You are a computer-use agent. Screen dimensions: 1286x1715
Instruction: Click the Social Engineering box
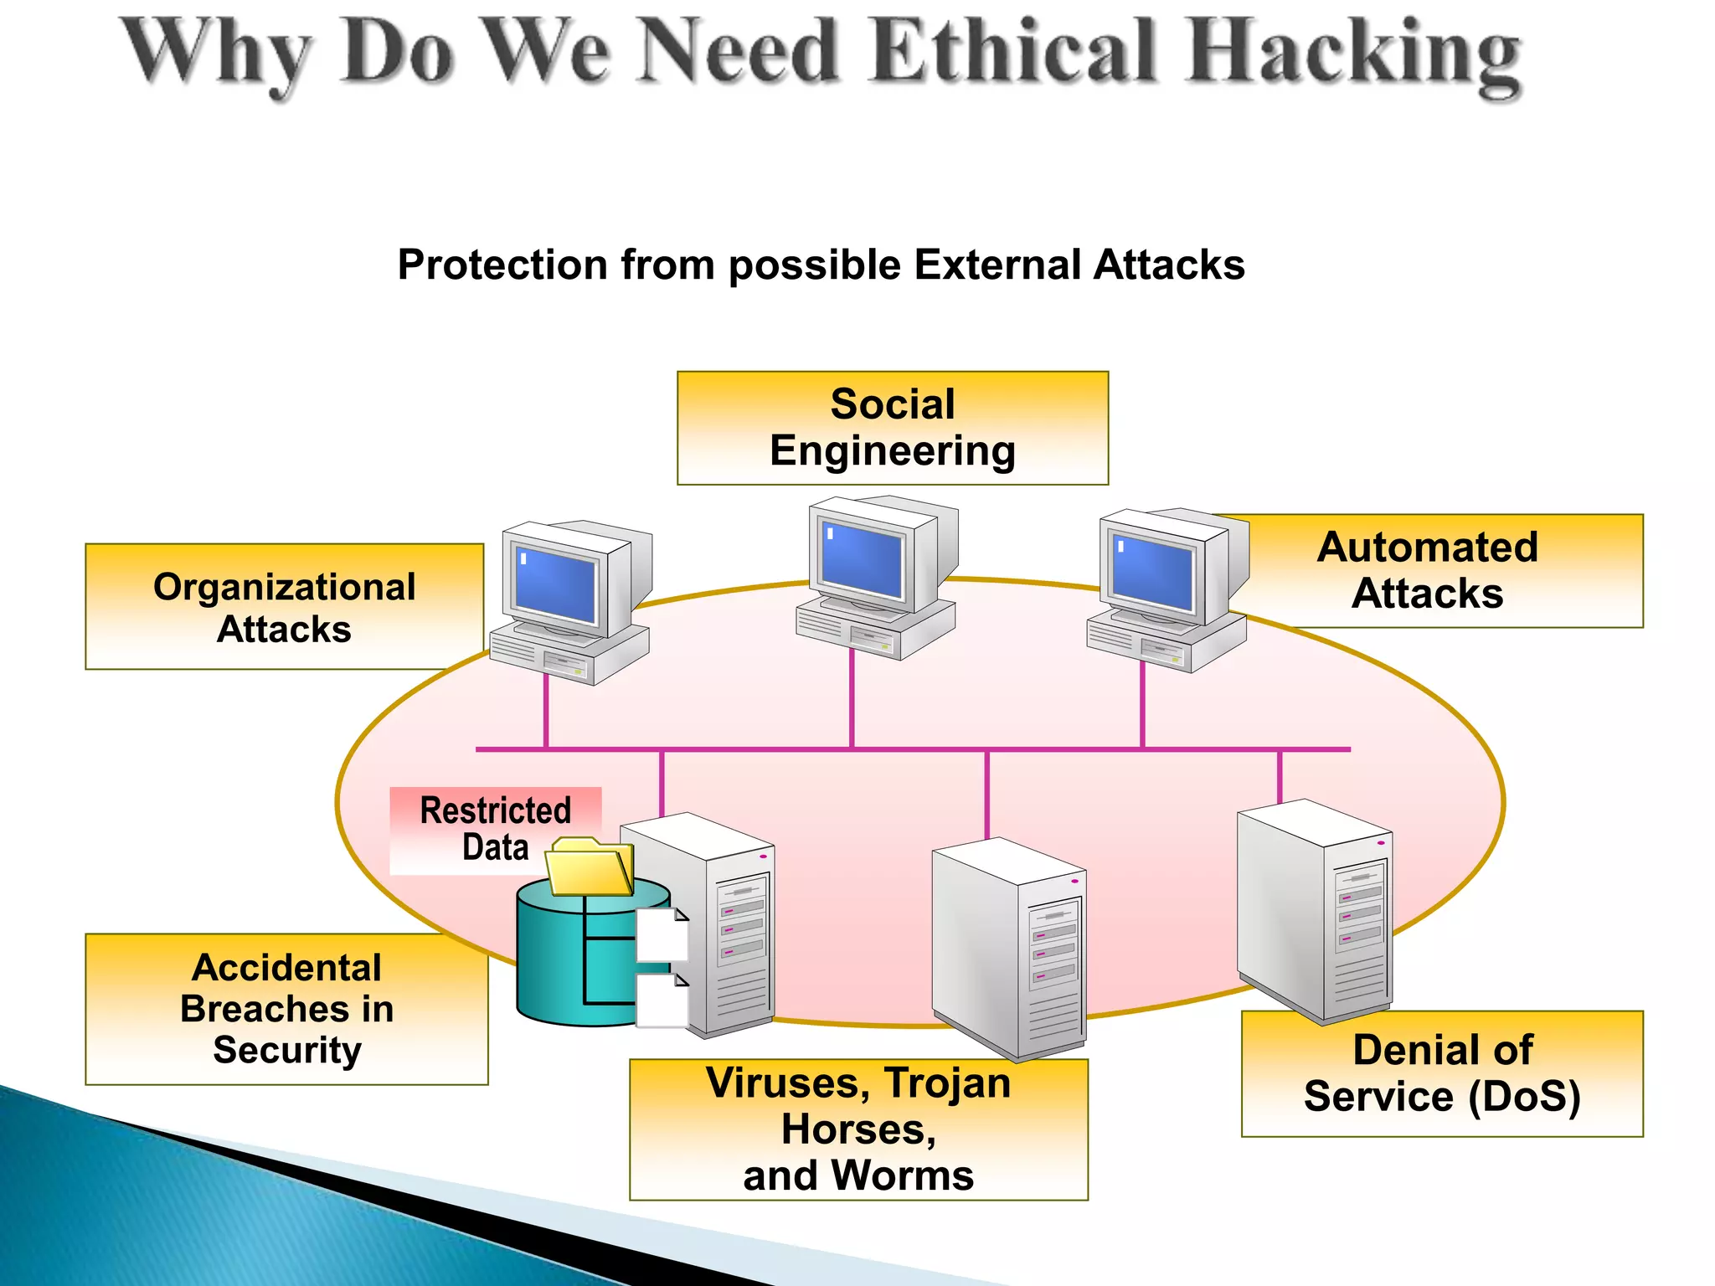892,428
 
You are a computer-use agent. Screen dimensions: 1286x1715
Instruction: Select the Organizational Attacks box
284,607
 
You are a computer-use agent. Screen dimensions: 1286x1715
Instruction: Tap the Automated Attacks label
1427,570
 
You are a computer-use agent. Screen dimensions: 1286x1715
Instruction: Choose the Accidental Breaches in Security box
286,1008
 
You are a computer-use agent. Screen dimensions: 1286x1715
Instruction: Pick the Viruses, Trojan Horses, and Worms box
858,1129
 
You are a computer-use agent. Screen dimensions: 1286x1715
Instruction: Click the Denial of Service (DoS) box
1442,1073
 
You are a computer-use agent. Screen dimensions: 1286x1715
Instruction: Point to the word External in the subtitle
997,265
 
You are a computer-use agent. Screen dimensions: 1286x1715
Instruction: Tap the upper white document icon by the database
662,934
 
